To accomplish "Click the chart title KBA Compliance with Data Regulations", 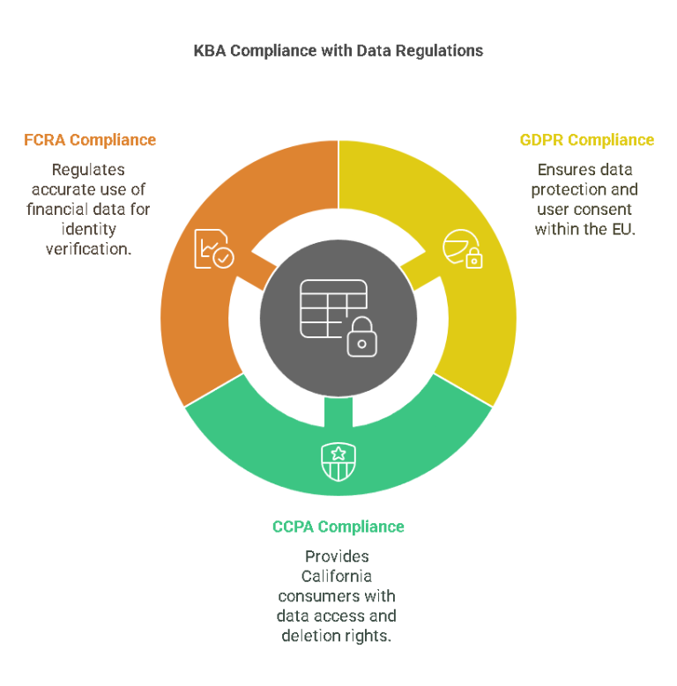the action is point(338,51).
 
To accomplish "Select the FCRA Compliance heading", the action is point(90,140).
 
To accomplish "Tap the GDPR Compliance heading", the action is point(587,140).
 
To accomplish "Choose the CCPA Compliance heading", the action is point(338,527).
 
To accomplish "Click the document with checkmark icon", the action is point(214,248).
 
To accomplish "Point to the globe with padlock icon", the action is point(463,248).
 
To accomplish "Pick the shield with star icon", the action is point(338,461).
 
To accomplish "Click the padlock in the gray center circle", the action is point(362,336).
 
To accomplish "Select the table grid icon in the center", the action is point(334,309).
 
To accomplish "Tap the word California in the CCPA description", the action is point(337,576).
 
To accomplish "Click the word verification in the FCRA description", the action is point(88,249).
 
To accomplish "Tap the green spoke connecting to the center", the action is point(338,411).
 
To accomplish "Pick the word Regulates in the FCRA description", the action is point(88,170).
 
